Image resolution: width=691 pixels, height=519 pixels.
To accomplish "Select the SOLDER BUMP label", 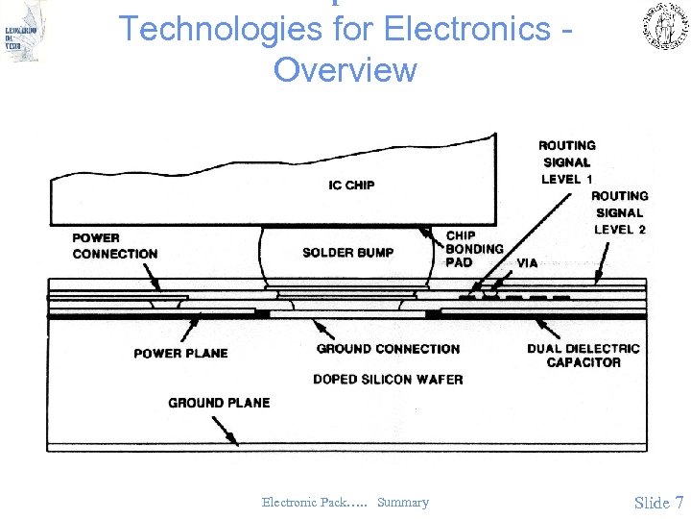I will [347, 253].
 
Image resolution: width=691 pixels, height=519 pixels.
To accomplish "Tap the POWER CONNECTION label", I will [115, 246].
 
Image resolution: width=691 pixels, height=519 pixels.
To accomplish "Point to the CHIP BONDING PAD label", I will [474, 249].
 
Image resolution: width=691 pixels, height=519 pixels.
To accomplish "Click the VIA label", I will [527, 263].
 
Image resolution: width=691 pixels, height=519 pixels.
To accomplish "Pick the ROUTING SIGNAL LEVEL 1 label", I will [567, 162].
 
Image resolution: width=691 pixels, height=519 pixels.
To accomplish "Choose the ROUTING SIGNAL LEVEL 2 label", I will [620, 212].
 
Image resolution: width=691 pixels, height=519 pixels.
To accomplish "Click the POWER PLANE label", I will [180, 354].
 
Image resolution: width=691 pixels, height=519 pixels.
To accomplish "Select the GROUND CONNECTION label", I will [388, 349].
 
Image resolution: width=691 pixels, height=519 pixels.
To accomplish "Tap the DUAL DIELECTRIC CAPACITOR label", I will [584, 356].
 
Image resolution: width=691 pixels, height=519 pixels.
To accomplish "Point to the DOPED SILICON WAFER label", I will [388, 380].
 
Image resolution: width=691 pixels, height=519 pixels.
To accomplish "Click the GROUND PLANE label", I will [219, 403].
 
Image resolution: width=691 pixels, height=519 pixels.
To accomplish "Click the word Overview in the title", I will [345, 70].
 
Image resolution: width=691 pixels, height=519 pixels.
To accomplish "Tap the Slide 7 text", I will [658, 503].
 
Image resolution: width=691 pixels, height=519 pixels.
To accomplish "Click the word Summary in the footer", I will [403, 503].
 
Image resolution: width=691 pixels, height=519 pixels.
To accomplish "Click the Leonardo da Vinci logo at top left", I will [25, 32].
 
